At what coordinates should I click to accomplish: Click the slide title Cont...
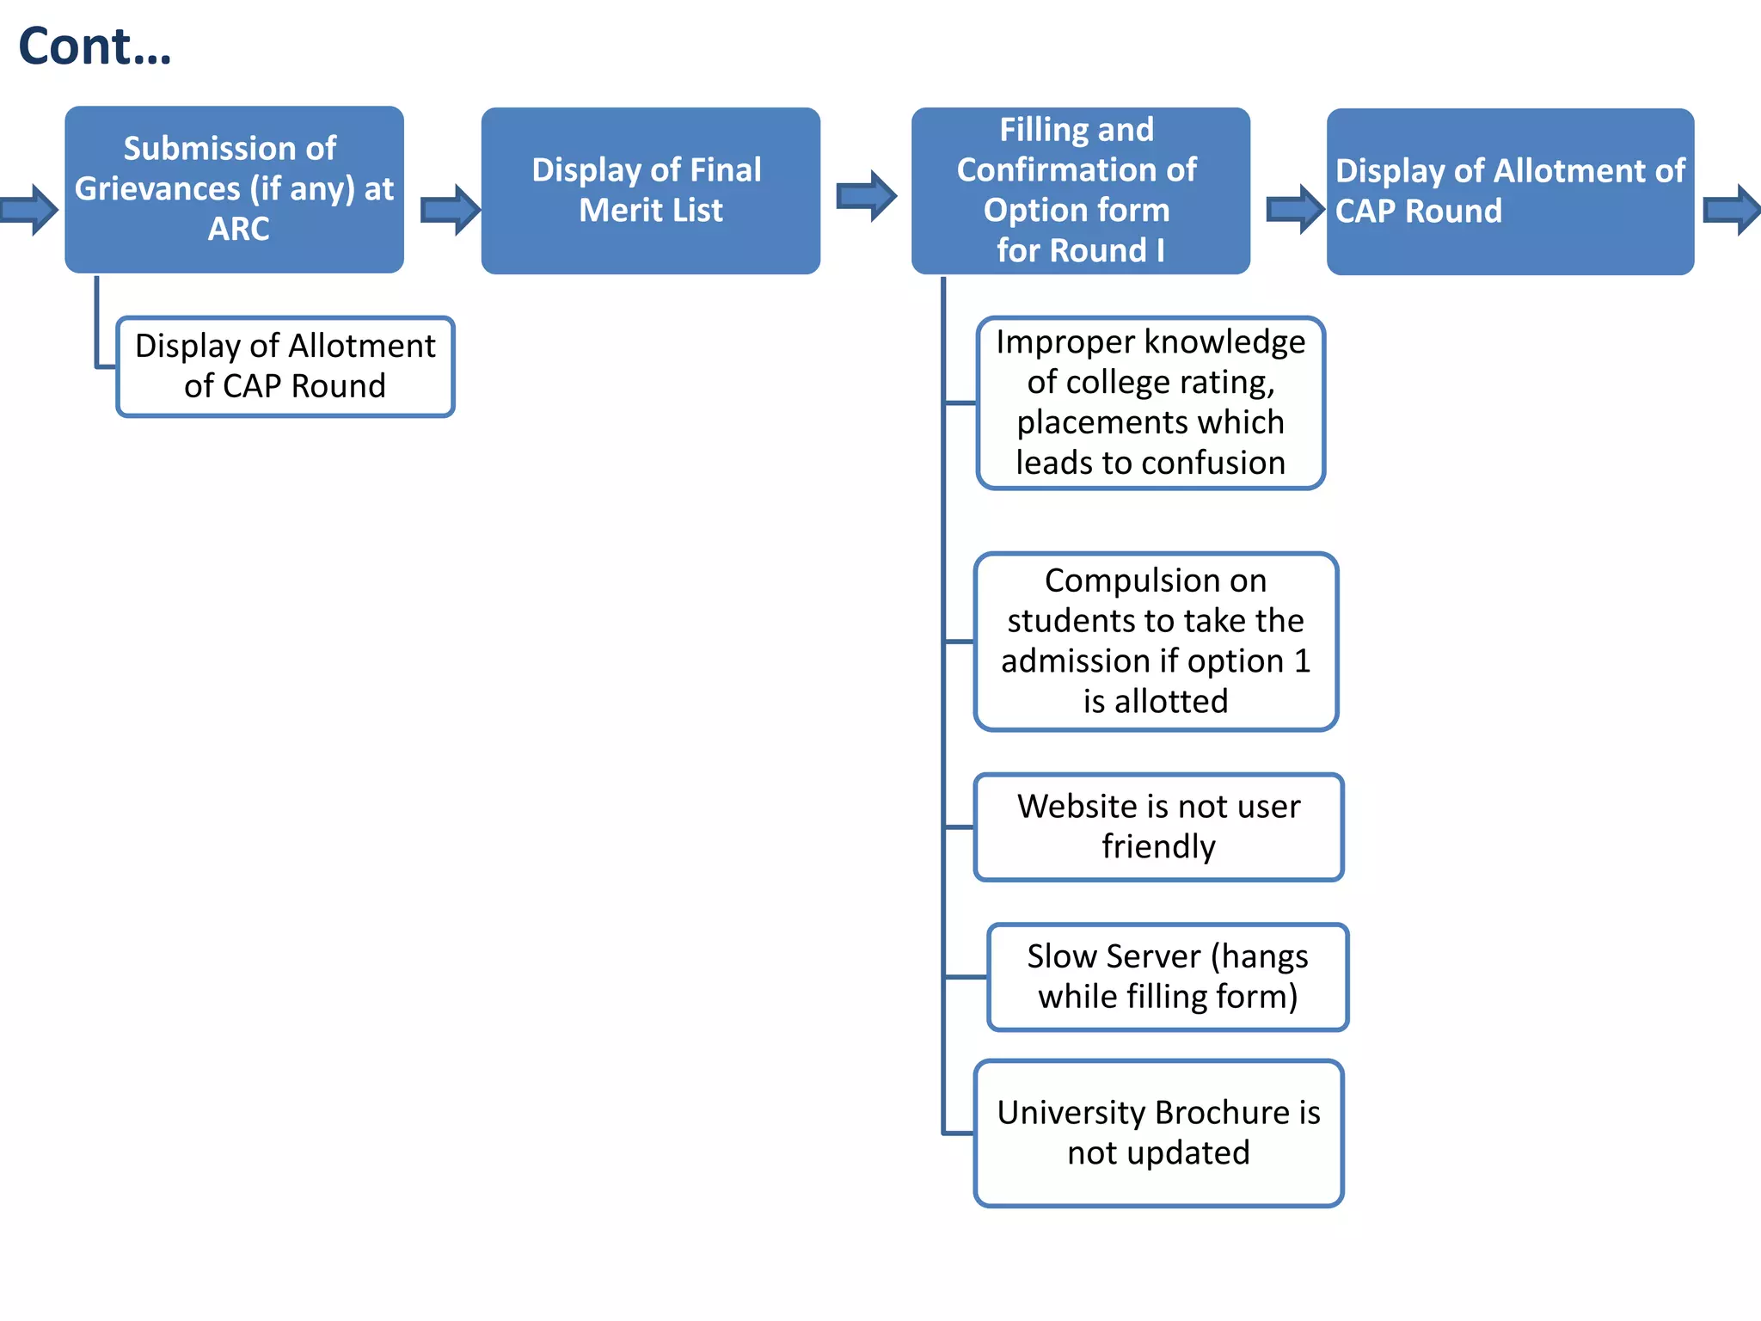click(x=95, y=46)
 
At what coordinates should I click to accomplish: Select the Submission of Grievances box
click(x=234, y=189)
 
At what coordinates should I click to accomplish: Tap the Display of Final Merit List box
click(x=650, y=190)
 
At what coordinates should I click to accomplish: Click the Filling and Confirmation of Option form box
click(x=1080, y=190)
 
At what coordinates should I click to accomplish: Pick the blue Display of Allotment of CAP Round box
click(x=1510, y=191)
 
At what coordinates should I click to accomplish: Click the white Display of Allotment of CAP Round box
click(x=285, y=366)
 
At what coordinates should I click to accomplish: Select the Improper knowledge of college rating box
click(x=1150, y=402)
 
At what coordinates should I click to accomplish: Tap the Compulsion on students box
click(x=1156, y=642)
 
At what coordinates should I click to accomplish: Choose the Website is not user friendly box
click(x=1158, y=826)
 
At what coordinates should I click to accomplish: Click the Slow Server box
click(x=1168, y=977)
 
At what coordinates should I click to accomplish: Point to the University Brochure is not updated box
click(x=1158, y=1133)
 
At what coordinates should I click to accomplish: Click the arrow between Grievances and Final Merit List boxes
click(x=449, y=210)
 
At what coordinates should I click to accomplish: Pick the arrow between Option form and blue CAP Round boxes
click(x=1294, y=209)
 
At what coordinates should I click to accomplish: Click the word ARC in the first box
click(x=238, y=229)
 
